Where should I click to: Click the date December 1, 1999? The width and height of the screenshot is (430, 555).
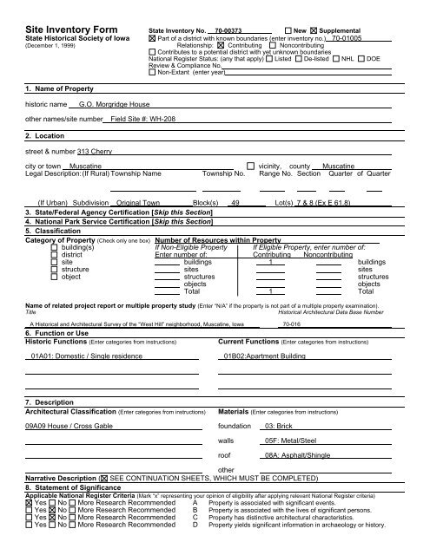pos(38,32)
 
